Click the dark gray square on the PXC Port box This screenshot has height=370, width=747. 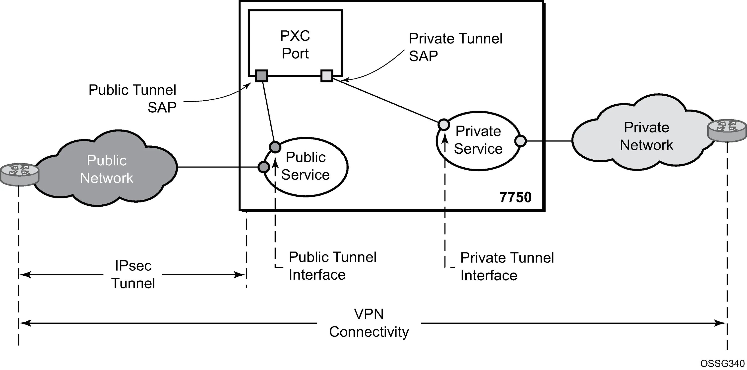click(x=261, y=76)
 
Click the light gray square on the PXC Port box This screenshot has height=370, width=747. click(x=327, y=76)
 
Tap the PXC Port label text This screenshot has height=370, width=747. click(x=295, y=45)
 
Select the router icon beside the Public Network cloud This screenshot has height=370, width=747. click(x=19, y=175)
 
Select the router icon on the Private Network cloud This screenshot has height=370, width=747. click(x=727, y=130)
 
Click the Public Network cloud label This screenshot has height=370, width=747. click(x=107, y=169)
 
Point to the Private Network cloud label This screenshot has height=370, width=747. click(x=646, y=136)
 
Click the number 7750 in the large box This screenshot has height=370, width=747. click(x=515, y=197)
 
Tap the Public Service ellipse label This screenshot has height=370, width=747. click(x=305, y=166)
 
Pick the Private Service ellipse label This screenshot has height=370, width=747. click(x=478, y=140)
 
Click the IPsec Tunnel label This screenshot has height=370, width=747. click(x=133, y=274)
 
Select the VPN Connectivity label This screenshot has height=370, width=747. click(x=369, y=323)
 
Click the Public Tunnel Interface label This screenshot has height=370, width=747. click(x=333, y=266)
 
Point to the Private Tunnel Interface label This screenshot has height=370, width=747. click(x=507, y=266)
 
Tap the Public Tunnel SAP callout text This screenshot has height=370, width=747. click(x=132, y=99)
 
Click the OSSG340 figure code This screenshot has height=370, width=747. click(x=722, y=363)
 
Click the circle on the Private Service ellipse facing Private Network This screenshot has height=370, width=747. click(x=520, y=141)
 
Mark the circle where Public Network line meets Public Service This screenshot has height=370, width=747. click(x=264, y=167)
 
